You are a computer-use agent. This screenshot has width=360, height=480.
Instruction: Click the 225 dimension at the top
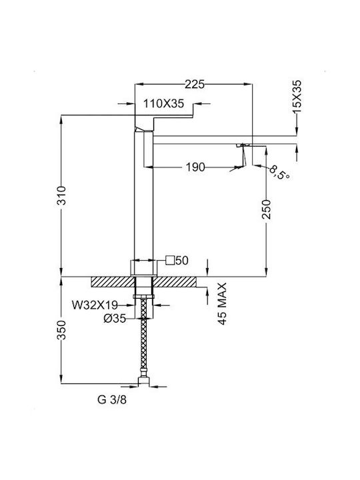click(x=194, y=85)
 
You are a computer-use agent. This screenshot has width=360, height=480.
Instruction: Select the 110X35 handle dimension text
click(x=164, y=104)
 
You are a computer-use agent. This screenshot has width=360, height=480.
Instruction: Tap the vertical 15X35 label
click(x=297, y=97)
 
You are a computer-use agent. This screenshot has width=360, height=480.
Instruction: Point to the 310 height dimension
click(x=62, y=195)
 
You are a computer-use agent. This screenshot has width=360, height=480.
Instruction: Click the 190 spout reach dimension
click(x=195, y=167)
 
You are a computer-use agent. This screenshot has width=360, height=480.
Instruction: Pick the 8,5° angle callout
click(x=279, y=173)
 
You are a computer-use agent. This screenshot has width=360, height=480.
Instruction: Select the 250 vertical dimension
click(x=266, y=209)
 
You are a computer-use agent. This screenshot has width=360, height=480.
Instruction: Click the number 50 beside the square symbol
click(x=182, y=261)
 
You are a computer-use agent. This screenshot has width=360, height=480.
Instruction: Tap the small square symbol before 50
click(x=169, y=260)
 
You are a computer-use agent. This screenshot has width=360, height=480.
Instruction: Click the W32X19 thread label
click(x=95, y=305)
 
